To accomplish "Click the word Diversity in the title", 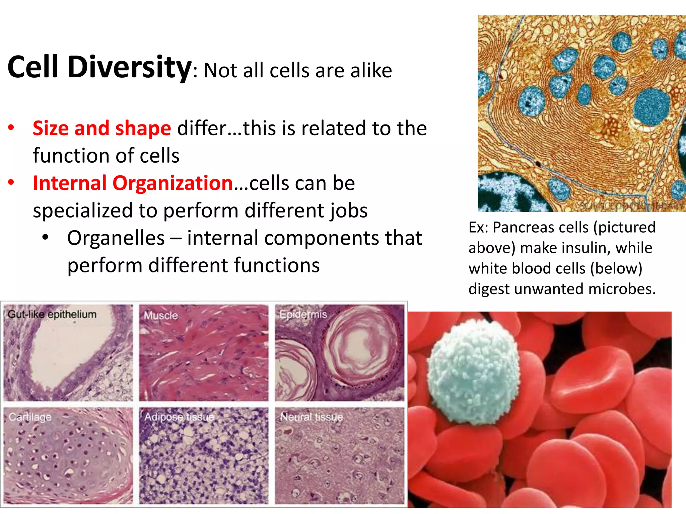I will [x=129, y=68].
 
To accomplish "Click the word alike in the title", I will [x=371, y=71].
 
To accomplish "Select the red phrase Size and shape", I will [x=102, y=128].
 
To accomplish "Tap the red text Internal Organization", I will [x=133, y=183].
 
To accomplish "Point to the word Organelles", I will [x=116, y=238].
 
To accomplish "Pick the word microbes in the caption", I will [x=622, y=289].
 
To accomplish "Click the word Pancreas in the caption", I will [x=540, y=228].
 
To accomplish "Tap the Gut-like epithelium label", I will [x=52, y=315].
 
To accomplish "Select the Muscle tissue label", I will [x=161, y=316].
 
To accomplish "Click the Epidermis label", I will [x=303, y=315].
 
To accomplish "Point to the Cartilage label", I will [x=30, y=417].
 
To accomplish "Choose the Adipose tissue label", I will [x=179, y=417].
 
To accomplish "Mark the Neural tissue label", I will [x=312, y=417].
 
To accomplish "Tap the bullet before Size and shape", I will [x=11, y=127].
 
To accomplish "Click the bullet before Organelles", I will [x=46, y=238].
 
